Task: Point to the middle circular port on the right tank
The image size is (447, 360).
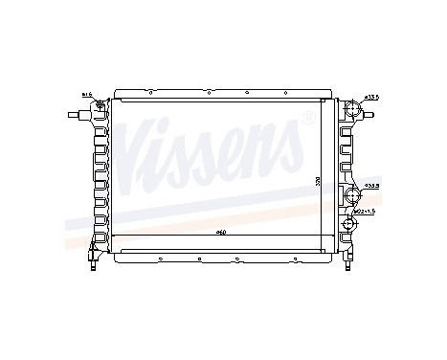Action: pyautogui.click(x=352, y=196)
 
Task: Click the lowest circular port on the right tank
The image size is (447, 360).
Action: pyautogui.click(x=350, y=227)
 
